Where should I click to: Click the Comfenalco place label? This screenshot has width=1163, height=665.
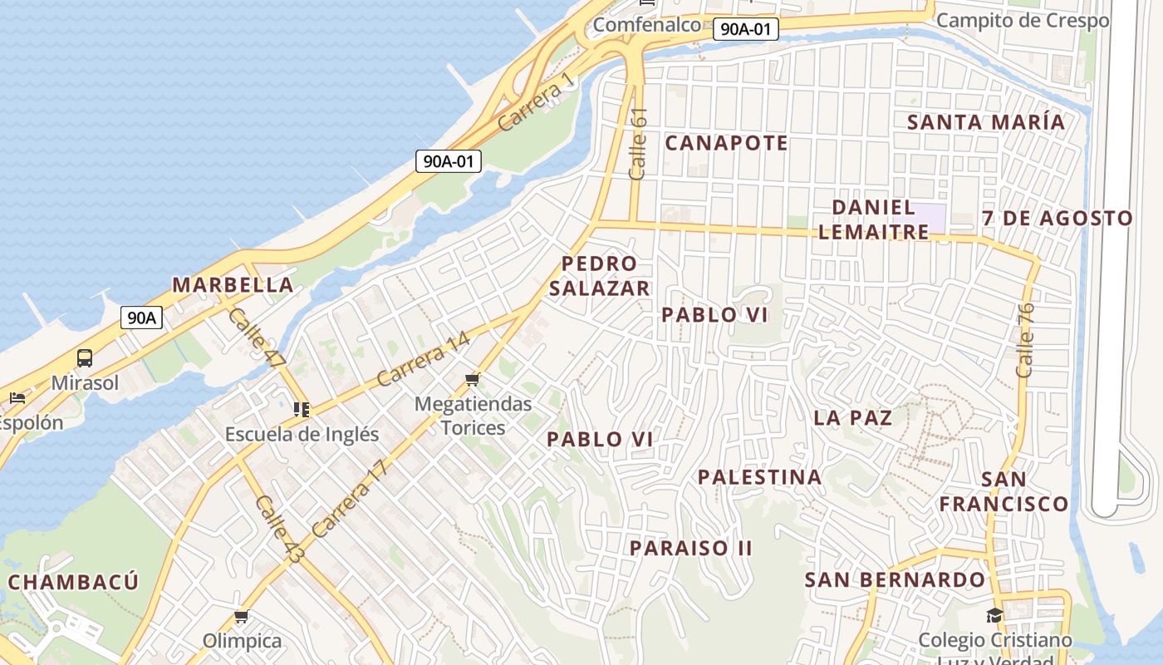647,25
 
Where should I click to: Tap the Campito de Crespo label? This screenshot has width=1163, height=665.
1023,20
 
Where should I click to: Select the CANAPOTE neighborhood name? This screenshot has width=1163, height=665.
727,143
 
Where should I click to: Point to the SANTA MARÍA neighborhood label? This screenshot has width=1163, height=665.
985,121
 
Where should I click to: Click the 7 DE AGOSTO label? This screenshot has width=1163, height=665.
1057,219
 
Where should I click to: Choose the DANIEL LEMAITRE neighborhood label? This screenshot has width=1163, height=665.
874,219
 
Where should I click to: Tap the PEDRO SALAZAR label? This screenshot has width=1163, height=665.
599,276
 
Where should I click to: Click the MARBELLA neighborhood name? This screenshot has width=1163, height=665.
233,284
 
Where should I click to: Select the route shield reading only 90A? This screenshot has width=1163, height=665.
141,317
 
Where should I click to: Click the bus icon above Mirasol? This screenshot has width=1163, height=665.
85,358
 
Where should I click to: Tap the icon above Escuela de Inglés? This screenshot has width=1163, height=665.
302,409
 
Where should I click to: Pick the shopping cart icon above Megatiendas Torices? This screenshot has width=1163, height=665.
473,380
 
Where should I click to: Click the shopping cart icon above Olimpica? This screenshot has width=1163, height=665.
242,617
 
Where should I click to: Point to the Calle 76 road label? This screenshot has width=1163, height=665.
1026,340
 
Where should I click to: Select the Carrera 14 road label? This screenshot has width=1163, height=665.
424,359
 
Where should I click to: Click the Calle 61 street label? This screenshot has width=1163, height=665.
638,144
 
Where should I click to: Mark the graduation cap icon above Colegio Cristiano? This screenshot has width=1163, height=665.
994,616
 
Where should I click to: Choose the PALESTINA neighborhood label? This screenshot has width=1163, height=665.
760,477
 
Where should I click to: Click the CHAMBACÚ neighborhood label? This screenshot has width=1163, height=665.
73,582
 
